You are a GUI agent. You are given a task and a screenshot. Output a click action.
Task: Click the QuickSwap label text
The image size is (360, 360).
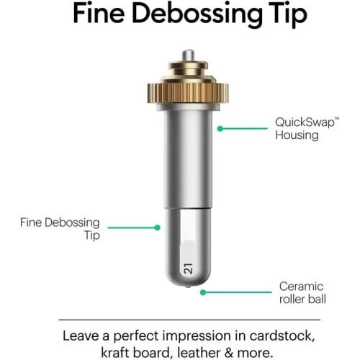(305, 122)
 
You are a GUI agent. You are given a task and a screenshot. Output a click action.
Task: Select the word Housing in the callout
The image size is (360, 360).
(297, 135)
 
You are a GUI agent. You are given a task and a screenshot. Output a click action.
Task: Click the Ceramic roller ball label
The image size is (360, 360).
(302, 293)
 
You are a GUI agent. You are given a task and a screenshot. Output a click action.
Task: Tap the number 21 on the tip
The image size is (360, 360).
(188, 269)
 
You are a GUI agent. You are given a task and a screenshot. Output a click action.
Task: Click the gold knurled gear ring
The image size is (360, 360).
(188, 93)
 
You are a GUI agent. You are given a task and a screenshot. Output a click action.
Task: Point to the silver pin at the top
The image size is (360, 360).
(188, 55)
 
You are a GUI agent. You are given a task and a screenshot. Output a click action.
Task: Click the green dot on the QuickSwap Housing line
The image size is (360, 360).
(220, 129)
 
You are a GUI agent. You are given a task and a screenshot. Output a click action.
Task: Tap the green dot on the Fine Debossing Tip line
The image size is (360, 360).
(158, 228)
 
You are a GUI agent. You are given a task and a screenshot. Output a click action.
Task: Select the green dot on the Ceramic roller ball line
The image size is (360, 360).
(203, 292)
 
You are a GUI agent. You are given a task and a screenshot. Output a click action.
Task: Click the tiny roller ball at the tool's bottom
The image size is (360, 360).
(188, 287)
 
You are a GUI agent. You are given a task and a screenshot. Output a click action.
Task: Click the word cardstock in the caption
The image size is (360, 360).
(282, 336)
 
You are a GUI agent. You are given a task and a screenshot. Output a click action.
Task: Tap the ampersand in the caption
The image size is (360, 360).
(229, 353)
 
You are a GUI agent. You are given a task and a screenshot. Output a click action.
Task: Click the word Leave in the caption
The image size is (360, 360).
(81, 336)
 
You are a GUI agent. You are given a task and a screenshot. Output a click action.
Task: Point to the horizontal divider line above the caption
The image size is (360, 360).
(189, 320)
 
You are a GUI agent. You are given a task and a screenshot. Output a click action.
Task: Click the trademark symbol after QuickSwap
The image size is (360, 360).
(337, 119)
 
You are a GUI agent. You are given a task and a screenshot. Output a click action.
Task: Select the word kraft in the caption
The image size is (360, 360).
(115, 353)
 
